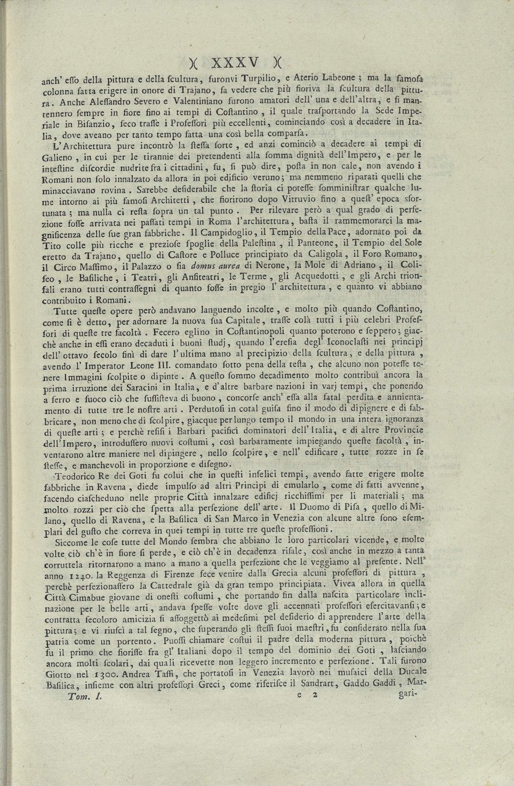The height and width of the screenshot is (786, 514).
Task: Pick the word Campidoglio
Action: coord(222,233)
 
